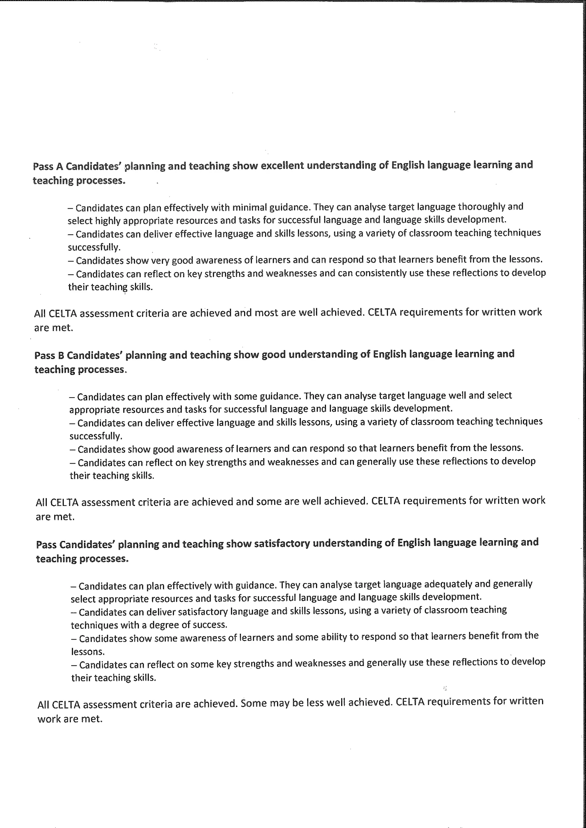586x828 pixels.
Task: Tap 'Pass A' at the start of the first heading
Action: [48, 167]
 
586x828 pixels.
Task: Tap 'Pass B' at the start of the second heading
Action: [49, 356]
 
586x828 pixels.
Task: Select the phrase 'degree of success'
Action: [188, 625]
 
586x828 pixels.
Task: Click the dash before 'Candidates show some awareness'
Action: [74, 638]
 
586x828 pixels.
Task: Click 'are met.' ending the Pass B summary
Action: [55, 516]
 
